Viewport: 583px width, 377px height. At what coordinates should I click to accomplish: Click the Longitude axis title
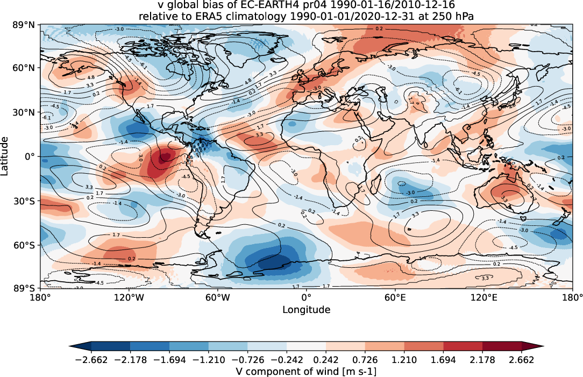point(306,310)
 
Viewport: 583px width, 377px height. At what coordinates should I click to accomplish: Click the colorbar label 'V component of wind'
point(280,372)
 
